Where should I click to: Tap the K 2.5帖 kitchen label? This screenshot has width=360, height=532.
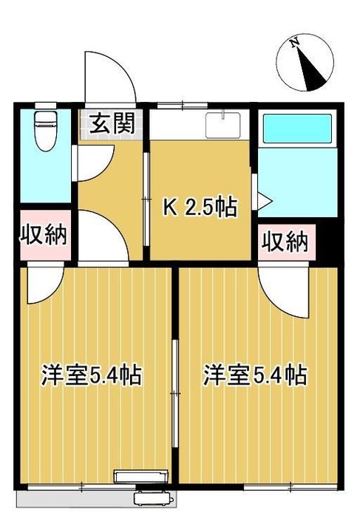click(x=200, y=208)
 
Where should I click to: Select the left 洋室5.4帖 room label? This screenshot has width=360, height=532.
click(x=91, y=375)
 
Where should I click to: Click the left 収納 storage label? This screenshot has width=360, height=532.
click(x=44, y=236)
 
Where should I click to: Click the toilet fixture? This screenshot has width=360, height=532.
click(x=45, y=130)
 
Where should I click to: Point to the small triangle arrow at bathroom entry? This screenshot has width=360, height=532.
click(x=264, y=199)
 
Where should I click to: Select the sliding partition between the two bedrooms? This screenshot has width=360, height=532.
click(x=174, y=395)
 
